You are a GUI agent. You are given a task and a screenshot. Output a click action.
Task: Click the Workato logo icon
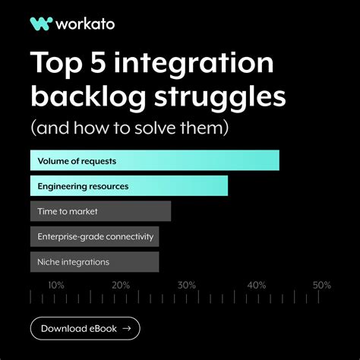(x=40, y=24)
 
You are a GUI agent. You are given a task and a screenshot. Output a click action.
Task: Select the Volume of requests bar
(x=154, y=160)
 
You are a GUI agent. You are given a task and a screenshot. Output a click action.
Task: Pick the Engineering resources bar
(x=128, y=186)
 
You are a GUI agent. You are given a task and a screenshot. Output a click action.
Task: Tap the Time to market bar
(x=100, y=211)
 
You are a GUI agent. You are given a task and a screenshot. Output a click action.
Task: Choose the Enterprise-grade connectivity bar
(x=94, y=236)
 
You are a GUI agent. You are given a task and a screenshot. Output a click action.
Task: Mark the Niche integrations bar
(x=94, y=262)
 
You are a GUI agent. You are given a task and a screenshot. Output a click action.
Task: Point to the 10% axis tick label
(x=56, y=286)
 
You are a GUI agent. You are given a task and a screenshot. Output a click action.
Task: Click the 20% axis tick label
(x=121, y=286)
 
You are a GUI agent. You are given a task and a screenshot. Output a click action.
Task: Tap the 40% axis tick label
(x=256, y=286)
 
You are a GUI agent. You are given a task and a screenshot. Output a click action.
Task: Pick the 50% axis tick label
(x=321, y=286)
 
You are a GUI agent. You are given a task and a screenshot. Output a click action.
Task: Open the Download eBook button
(x=85, y=328)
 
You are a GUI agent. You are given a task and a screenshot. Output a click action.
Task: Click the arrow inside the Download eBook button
(x=126, y=328)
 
